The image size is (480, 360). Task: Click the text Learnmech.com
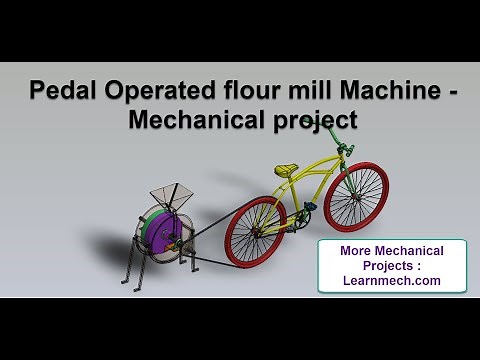point(392,281)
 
